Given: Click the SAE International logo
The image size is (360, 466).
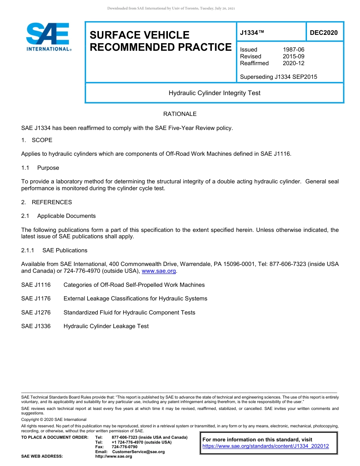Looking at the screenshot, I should click(48, 37).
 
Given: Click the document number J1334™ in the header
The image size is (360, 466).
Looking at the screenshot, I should click(252, 33).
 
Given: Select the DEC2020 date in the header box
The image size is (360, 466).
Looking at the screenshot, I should click(324, 33).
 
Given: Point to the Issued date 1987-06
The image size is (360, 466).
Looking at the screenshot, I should click(293, 50).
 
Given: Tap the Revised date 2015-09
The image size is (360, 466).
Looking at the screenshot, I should click(293, 56).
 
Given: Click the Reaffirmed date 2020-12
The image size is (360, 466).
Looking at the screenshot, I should click(293, 63).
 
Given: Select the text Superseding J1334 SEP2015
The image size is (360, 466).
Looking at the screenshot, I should click(279, 77).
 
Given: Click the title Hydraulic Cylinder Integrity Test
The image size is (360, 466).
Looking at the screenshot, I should click(214, 93).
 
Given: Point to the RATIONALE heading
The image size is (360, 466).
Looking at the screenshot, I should click(180, 114).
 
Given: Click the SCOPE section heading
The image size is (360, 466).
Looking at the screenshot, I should click(42, 140).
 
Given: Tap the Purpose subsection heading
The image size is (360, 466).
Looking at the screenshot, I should click(48, 168).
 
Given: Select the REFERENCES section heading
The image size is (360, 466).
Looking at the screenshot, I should click(52, 202).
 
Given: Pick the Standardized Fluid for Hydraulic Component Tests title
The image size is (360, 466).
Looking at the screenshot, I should click(129, 313).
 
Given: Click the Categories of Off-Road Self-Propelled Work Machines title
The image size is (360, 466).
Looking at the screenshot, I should click(134, 285).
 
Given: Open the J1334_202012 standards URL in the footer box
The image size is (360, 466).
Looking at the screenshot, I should click(266, 446).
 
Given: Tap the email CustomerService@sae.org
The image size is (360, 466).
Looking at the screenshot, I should click(138, 452).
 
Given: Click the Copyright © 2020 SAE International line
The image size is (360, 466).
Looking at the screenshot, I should click(54, 419).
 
